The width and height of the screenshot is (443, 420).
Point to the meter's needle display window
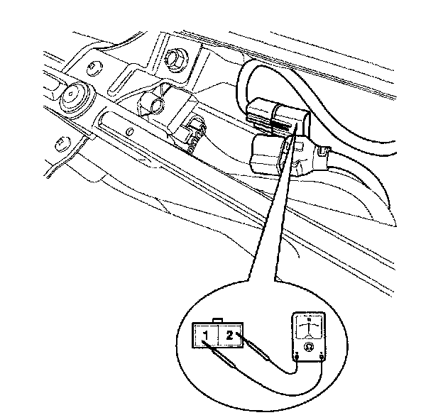pyautogui.click(x=309, y=328)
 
